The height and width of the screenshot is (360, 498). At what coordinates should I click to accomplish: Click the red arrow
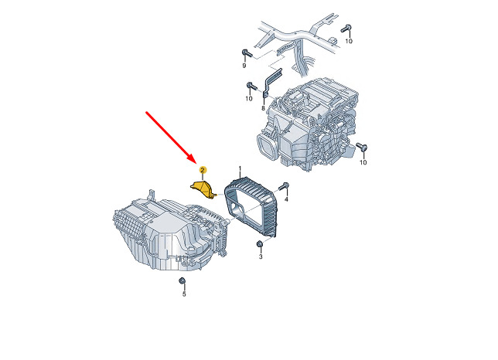pyautogui.click(x=171, y=137)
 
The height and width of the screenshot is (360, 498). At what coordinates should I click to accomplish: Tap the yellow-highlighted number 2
pyautogui.click(x=203, y=170)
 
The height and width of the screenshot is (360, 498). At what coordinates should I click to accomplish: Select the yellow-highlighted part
pyautogui.click(x=203, y=189)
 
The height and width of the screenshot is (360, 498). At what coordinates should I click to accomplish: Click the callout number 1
pyautogui.click(x=240, y=168)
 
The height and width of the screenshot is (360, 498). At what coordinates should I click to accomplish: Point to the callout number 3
pyautogui.click(x=261, y=256)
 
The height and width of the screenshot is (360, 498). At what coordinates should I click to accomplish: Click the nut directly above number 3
pyautogui.click(x=260, y=244)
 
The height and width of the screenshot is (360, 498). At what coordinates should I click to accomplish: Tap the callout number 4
pyautogui.click(x=286, y=199)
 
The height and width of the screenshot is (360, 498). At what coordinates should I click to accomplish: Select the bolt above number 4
pyautogui.click(x=284, y=186)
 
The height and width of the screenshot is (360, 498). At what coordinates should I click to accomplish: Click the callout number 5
pyautogui.click(x=184, y=294)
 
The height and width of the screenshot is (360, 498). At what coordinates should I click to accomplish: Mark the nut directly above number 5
pyautogui.click(x=182, y=280)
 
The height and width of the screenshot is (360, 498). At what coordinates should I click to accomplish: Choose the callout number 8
pyautogui.click(x=263, y=108)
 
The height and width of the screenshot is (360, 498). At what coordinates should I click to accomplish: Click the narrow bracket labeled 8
pyautogui.click(x=271, y=82)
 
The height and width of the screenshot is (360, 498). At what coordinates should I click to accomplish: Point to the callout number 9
pyautogui.click(x=244, y=66)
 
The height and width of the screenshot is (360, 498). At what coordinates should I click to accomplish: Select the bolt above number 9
pyautogui.click(x=247, y=53)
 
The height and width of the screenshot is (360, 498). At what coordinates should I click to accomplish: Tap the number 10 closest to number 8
pyautogui.click(x=249, y=98)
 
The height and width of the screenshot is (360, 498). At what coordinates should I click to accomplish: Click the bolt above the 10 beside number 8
pyautogui.click(x=251, y=86)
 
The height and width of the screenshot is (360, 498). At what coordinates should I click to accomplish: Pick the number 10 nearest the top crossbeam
pyautogui.click(x=349, y=41)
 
